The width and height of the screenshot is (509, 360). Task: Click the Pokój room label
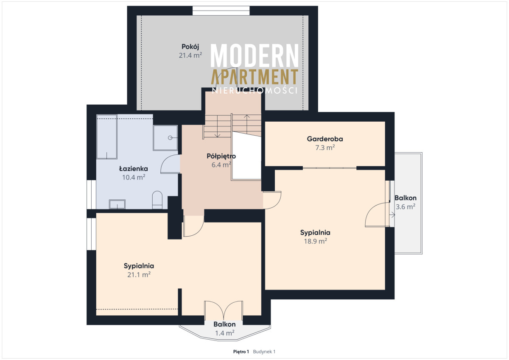(x=190, y=47)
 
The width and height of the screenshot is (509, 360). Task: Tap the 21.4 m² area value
(x=190, y=55)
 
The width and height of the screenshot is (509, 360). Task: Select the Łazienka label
(x=134, y=168)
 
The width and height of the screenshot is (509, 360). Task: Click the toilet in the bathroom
(x=157, y=200)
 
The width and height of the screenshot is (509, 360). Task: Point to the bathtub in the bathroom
(x=107, y=137)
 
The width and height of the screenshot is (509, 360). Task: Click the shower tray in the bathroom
(x=165, y=138)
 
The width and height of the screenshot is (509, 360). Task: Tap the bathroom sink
(x=117, y=204)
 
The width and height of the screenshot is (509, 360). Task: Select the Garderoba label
(x=325, y=139)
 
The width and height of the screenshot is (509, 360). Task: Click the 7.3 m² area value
(x=325, y=148)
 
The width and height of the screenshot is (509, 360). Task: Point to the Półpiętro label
(x=221, y=156)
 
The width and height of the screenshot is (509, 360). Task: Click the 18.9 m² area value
(x=316, y=241)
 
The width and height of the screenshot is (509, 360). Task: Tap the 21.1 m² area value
(x=139, y=275)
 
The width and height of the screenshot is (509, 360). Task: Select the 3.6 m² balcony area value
(x=406, y=207)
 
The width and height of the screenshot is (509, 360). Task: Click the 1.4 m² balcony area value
(x=225, y=333)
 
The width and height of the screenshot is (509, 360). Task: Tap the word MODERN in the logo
(x=255, y=56)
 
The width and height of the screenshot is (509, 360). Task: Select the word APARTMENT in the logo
(x=255, y=77)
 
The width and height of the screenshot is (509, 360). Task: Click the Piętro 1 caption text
(x=241, y=352)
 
